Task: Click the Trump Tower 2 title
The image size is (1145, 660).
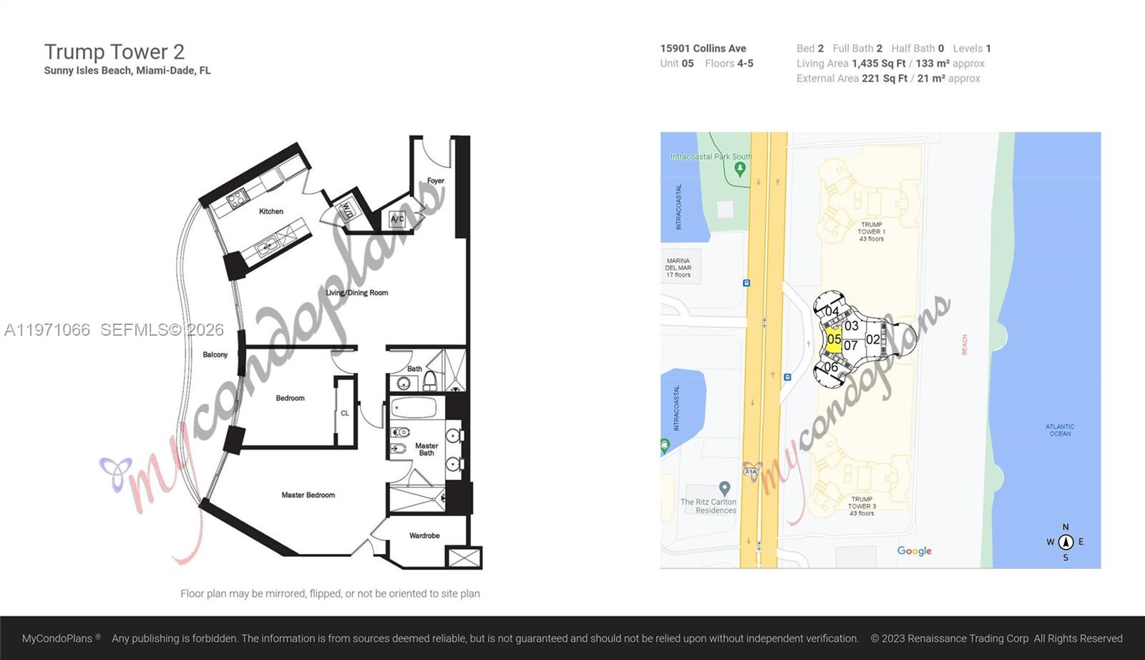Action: [114, 52]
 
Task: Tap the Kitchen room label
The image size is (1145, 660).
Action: [271, 211]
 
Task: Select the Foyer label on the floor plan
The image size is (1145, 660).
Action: [435, 181]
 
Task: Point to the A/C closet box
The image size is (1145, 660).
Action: [397, 219]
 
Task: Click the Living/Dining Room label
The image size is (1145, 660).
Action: [356, 293]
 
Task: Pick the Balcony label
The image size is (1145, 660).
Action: [215, 354]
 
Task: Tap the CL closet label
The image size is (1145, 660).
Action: [345, 413]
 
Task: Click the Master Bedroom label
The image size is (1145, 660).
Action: [308, 495]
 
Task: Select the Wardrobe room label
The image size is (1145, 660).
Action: [424, 535]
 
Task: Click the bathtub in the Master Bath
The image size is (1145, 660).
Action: [414, 409]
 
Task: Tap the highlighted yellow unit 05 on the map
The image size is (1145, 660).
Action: [834, 339]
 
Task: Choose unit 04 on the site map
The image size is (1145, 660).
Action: [832, 311]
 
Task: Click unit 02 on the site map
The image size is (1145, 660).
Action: [873, 339]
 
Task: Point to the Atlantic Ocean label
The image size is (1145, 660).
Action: [1060, 430]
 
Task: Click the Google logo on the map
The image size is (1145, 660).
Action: [914, 550]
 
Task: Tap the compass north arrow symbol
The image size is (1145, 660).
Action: [1066, 542]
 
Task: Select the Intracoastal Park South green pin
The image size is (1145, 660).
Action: [740, 169]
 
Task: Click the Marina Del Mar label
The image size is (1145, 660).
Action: [678, 268]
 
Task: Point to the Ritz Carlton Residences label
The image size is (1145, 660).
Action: [708, 506]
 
